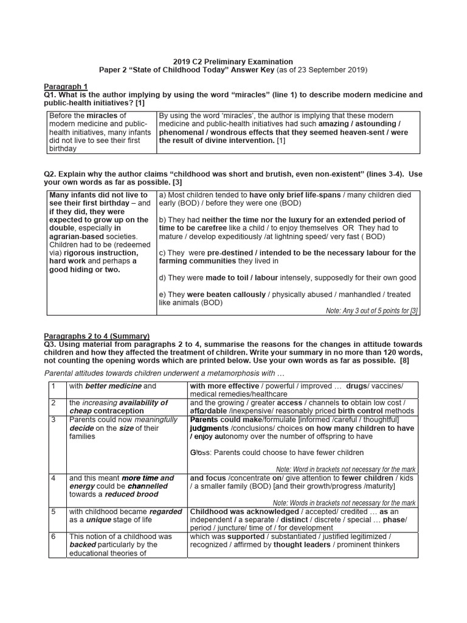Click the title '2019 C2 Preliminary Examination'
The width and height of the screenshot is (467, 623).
point(233,61)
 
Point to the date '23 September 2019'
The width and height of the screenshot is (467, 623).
point(333,70)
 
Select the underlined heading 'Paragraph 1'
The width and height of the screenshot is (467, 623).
point(66,86)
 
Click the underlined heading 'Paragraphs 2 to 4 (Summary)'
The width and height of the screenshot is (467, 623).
point(97,336)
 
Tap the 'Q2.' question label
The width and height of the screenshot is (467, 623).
point(50,174)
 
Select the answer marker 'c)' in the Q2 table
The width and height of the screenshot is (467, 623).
point(162,252)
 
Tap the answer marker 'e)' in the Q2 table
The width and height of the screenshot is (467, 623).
point(162,294)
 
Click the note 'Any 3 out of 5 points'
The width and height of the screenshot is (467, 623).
point(371,310)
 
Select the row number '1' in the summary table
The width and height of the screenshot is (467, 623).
point(54,386)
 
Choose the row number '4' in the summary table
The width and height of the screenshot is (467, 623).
point(54,478)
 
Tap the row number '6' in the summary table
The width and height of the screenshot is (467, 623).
point(54,537)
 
